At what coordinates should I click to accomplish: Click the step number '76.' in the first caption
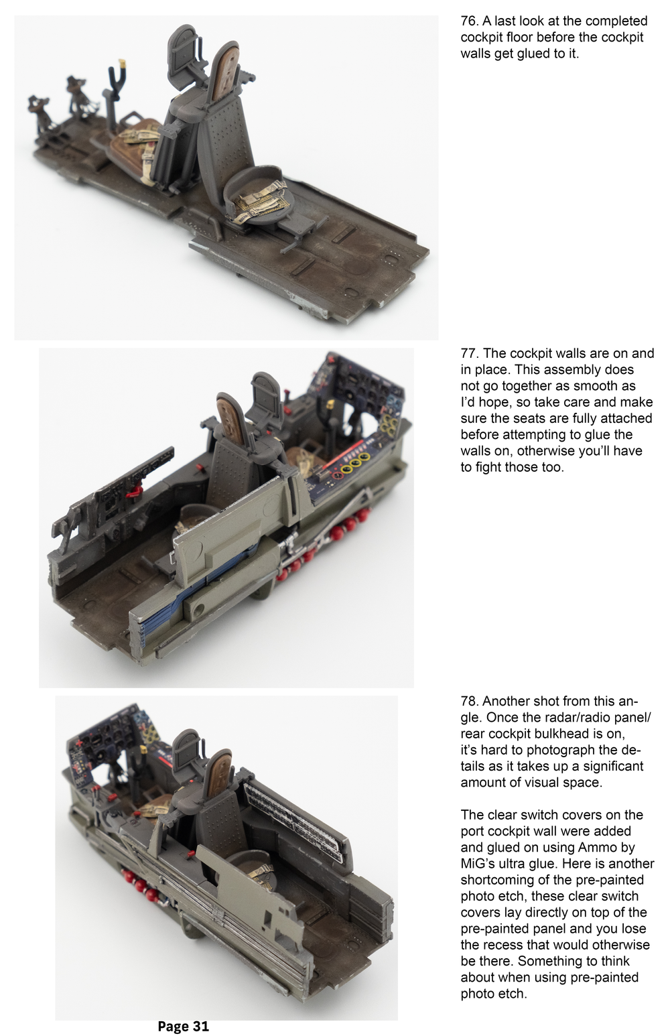(x=469, y=21)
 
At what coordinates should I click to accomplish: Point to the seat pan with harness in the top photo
(x=258, y=194)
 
